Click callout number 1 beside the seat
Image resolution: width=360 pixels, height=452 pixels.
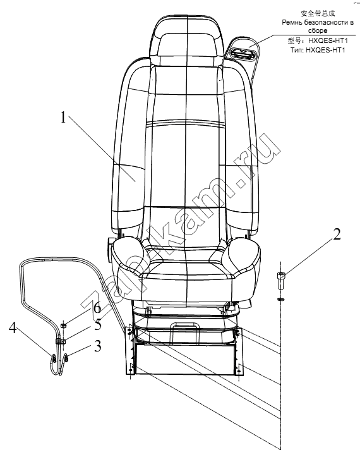coord(63,118)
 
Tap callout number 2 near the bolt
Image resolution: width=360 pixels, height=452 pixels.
coord(337,234)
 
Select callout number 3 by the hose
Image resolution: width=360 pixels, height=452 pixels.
coord(98,346)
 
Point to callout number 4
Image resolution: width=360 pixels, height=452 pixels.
coord(13,327)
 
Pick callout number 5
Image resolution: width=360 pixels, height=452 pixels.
coord(98,325)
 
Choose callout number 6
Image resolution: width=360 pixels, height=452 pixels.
coord(97,307)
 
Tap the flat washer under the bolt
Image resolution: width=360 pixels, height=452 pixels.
coord(281,300)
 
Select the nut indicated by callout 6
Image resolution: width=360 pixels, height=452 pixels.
coord(64,326)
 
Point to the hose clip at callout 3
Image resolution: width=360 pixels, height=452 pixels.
coord(66,358)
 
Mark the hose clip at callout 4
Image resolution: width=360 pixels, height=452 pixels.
coord(54,359)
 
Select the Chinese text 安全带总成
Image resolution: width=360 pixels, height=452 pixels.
coord(318,13)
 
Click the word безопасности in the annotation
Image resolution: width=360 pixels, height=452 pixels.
coord(326,23)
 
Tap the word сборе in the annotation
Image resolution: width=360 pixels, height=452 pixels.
coord(318,30)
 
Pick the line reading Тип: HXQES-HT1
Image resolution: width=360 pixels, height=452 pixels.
coord(318,50)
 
